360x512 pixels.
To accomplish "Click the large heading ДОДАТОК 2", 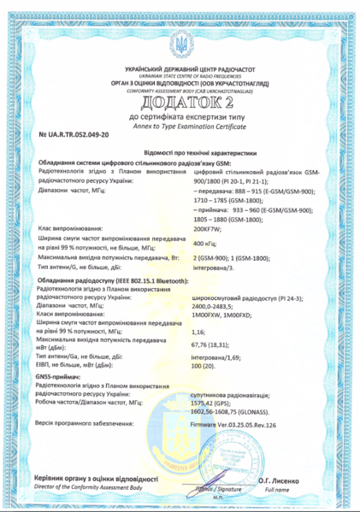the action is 180,104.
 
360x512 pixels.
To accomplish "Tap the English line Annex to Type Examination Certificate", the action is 180,127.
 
